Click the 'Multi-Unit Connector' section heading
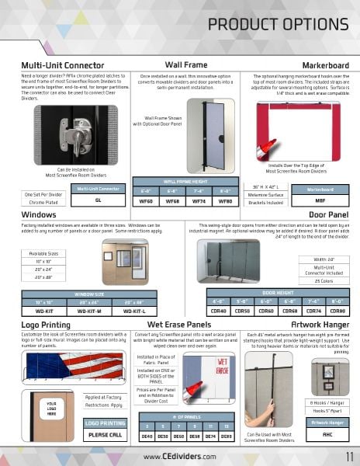[x=63, y=65]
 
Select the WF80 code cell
[x=225, y=200]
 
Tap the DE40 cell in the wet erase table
[x=147, y=436]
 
